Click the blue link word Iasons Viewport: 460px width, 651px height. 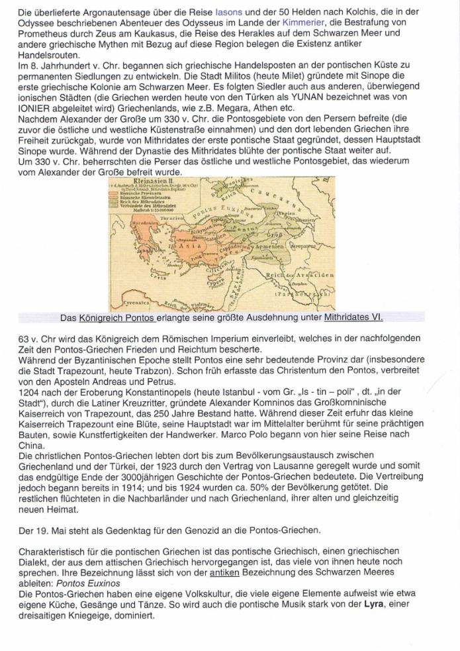(x=229, y=13)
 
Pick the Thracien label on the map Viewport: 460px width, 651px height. (x=153, y=217)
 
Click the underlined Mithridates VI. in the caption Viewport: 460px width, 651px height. (x=353, y=317)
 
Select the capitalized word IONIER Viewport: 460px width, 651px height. (x=37, y=108)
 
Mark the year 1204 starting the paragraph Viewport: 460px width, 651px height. (x=30, y=391)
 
